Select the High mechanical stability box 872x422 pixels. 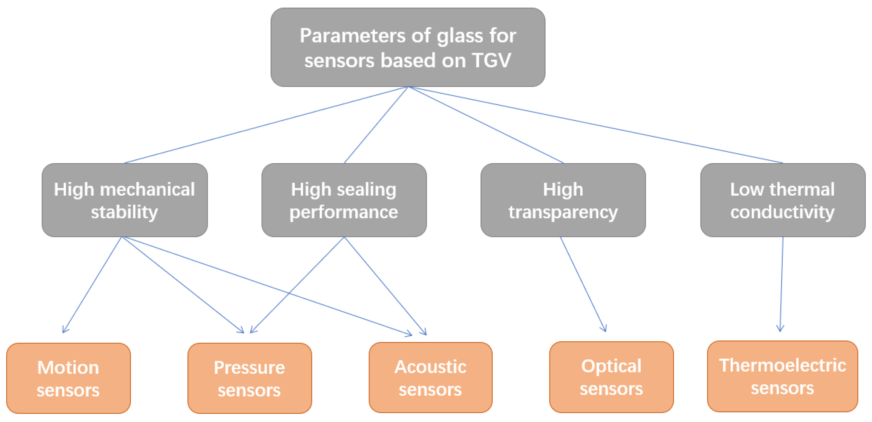(x=124, y=200)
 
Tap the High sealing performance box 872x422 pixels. (x=344, y=200)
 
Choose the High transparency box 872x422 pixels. (x=563, y=200)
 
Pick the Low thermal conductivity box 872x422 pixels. (x=783, y=200)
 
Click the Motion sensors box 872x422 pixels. (x=68, y=378)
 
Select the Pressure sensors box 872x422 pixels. (x=249, y=378)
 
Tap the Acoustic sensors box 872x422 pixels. (x=430, y=378)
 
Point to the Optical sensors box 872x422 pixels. (x=611, y=377)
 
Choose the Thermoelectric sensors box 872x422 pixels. (x=782, y=376)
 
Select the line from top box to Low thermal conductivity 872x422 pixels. (x=596, y=125)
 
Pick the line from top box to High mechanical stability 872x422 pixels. (x=266, y=125)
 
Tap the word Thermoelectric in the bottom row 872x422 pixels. (x=782, y=366)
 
